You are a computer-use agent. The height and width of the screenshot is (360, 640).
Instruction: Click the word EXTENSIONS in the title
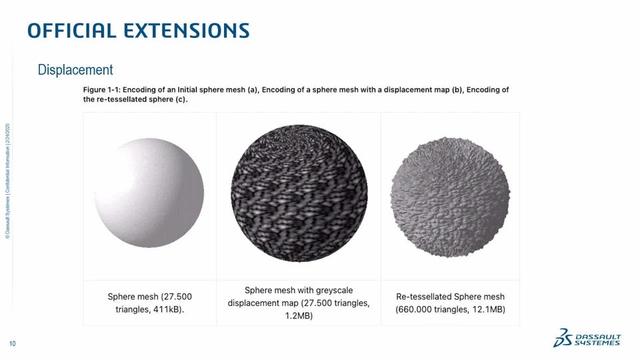coord(187,30)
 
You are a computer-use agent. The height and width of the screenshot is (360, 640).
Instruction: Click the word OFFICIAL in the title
coord(72,30)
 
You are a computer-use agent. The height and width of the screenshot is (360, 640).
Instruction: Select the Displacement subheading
coord(75,70)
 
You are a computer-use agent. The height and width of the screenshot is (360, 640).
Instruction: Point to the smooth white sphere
coord(149,193)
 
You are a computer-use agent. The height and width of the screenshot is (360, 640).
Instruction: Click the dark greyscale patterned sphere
coord(299,193)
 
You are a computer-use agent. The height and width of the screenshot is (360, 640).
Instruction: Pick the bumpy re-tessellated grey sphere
coord(450,197)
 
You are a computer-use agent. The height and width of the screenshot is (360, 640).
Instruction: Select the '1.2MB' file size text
coord(299,316)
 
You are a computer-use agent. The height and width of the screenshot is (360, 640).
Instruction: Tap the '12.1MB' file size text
coord(489,309)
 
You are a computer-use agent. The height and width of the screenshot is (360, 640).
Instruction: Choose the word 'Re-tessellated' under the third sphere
coord(424,297)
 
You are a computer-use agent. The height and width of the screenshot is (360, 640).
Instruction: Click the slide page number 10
coord(12,344)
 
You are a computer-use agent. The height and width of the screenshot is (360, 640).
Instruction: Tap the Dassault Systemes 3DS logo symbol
coord(563,338)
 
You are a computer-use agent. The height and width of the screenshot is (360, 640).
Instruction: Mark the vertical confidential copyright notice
coord(8,181)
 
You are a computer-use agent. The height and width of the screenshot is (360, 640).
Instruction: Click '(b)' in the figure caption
coord(456,90)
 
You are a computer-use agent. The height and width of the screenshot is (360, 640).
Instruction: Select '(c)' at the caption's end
coord(181,99)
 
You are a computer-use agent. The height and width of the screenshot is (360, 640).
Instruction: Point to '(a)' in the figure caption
coord(252,90)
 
